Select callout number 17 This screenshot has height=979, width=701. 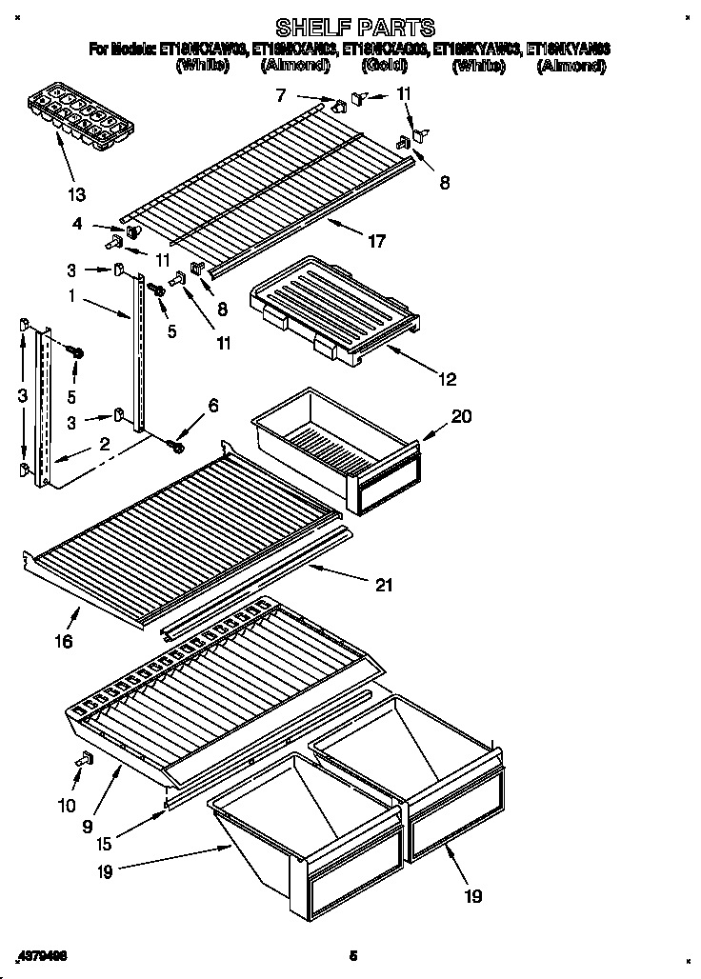[x=376, y=242]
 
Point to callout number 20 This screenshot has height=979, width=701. [x=461, y=416]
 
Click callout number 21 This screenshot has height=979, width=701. [x=383, y=585]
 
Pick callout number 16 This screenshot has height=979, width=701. [x=63, y=642]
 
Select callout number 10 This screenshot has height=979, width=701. [x=66, y=806]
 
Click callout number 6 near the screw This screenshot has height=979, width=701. [x=213, y=406]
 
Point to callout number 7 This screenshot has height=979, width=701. [x=280, y=94]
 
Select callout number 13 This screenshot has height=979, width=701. [x=76, y=195]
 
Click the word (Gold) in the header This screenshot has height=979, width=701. [x=386, y=66]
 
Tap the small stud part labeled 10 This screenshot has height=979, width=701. [x=84, y=759]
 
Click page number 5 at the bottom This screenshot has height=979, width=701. [x=353, y=955]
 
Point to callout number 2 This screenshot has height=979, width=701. [x=104, y=443]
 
